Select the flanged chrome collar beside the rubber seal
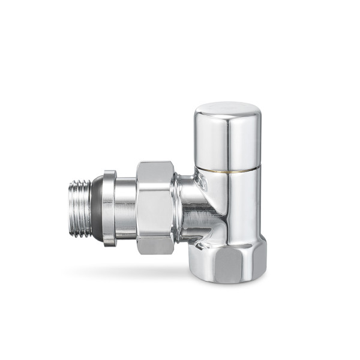(x=109, y=207)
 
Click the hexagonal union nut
(x=155, y=207)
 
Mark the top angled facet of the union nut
(x=155, y=172)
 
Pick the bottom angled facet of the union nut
(x=155, y=244)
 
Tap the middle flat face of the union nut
(x=155, y=207)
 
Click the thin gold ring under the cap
(x=228, y=170)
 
